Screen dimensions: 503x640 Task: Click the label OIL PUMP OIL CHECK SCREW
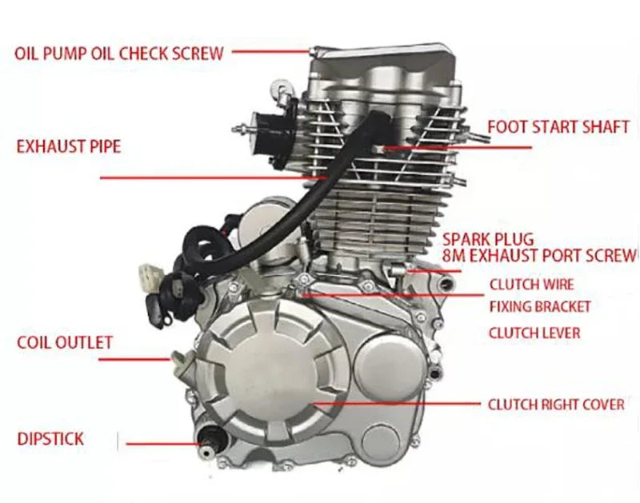(x=118, y=54)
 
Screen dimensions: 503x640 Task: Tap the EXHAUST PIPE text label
(x=69, y=147)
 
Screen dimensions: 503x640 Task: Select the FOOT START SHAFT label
(x=558, y=127)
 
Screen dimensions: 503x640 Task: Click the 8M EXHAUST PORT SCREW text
(x=540, y=255)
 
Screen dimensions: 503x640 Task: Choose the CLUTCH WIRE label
(x=531, y=284)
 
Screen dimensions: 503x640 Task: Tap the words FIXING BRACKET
(x=539, y=307)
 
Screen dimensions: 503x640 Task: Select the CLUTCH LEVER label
(x=534, y=333)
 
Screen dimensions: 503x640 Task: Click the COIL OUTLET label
(x=65, y=343)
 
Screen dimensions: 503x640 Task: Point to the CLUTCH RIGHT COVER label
(x=556, y=405)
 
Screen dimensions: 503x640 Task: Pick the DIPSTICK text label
(x=50, y=439)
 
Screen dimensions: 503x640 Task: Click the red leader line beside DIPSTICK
(x=160, y=442)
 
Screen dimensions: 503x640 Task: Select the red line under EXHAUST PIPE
(x=208, y=178)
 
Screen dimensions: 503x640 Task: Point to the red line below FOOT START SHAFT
(x=456, y=148)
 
